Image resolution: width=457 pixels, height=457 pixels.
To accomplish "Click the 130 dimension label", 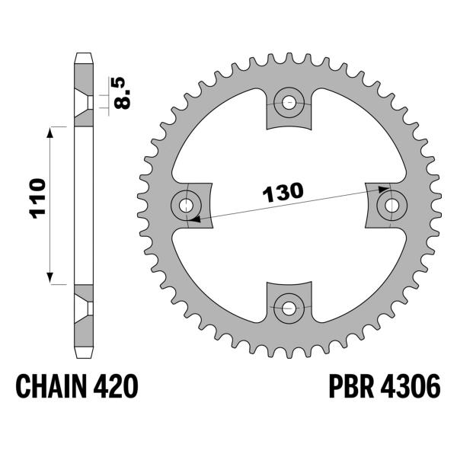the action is [283, 192].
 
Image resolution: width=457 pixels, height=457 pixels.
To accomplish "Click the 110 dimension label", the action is [37, 199].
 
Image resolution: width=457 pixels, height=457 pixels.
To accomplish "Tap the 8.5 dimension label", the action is [122, 93].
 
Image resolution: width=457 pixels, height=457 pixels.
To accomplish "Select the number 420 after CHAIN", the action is [115, 386].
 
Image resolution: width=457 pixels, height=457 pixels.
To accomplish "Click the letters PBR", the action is [351, 386].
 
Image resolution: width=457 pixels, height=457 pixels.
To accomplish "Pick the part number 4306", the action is [411, 386].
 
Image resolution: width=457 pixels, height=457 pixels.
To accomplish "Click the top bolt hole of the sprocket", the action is [289, 103].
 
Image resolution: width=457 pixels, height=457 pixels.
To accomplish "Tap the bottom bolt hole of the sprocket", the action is [289, 308].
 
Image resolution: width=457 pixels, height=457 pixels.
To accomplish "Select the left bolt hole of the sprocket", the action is [186, 206].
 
